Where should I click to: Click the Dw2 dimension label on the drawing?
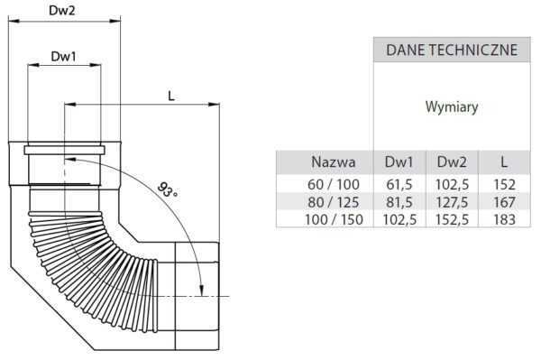coord(61,10)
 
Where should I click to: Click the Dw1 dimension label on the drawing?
coord(63,56)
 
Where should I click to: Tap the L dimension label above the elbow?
coord(171,97)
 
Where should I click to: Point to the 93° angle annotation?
coord(168,189)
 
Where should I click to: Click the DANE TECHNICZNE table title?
coord(452,50)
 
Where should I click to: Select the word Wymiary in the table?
coord(452,106)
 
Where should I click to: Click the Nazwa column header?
coord(334,162)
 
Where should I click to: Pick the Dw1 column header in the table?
coord(399,162)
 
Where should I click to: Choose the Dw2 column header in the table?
coord(452,162)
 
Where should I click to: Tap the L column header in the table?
coord(504,162)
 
